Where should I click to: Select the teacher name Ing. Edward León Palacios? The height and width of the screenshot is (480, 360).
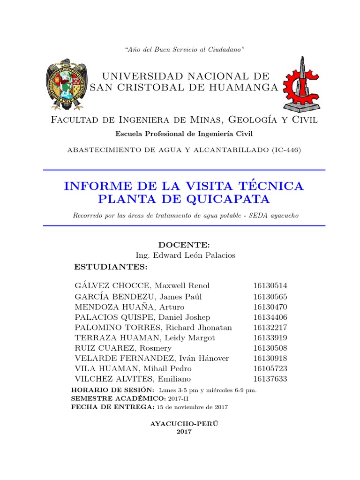(185, 255)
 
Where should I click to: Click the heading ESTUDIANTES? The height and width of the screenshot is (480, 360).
(111, 267)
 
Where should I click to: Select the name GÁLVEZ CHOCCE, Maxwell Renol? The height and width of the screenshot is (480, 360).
(142, 286)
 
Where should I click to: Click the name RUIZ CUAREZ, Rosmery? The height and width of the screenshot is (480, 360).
(123, 348)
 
